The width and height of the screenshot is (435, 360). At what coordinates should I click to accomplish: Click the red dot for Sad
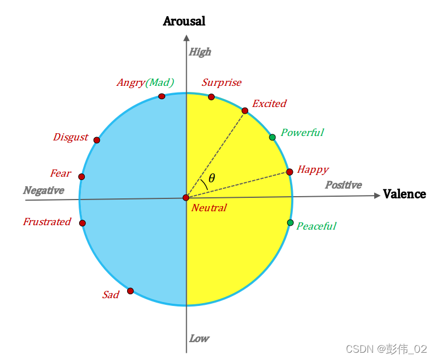130,291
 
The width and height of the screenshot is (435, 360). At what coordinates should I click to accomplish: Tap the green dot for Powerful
272,137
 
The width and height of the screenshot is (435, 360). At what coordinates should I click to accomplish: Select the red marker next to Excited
245,111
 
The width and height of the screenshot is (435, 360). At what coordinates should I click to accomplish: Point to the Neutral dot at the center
186,198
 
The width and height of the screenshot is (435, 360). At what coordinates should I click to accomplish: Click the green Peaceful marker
290,223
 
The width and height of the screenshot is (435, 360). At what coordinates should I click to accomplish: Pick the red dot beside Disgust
96,140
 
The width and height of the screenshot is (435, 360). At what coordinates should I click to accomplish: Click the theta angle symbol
211,178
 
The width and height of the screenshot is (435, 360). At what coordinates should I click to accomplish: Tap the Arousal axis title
184,21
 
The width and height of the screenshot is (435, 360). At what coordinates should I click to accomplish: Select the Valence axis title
404,194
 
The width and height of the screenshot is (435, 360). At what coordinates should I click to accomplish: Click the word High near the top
200,52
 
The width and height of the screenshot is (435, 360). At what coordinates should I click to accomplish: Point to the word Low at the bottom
199,338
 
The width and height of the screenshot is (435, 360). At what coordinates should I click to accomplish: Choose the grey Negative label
43,191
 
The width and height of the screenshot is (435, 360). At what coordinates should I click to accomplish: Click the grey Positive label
344,185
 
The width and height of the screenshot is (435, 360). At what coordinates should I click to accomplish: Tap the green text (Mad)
159,82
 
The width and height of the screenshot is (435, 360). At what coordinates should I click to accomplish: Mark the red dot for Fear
81,177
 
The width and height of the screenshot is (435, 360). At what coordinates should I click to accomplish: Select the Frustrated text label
47,222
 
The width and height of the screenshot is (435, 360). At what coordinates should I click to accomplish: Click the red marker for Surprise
211,97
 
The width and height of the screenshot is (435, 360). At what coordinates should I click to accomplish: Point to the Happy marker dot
289,172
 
